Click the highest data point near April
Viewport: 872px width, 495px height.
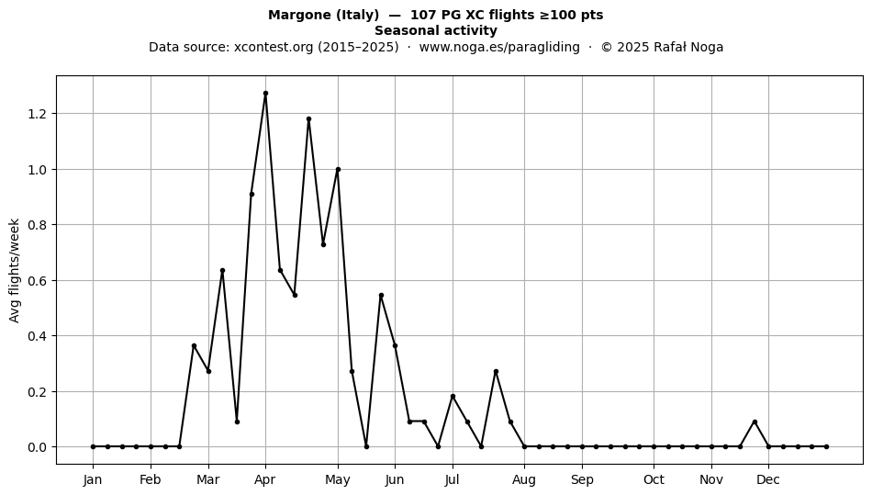(x=265, y=94)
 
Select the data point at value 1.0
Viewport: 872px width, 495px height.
(x=338, y=170)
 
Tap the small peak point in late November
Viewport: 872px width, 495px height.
(x=755, y=422)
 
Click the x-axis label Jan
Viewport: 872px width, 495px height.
(x=93, y=480)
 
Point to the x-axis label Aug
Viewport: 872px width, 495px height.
(x=524, y=480)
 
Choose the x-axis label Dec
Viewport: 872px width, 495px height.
(x=768, y=480)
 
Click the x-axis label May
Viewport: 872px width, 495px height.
(x=338, y=480)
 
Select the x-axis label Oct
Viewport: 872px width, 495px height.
(x=654, y=480)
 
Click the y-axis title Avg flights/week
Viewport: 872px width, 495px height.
(x=15, y=270)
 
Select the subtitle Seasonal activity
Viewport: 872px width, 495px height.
(x=436, y=30)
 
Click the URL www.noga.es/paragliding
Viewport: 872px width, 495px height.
(x=499, y=47)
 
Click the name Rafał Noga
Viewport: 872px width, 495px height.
(x=688, y=47)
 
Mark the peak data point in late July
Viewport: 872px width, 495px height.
(x=496, y=372)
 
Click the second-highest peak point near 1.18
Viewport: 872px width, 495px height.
(x=308, y=119)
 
